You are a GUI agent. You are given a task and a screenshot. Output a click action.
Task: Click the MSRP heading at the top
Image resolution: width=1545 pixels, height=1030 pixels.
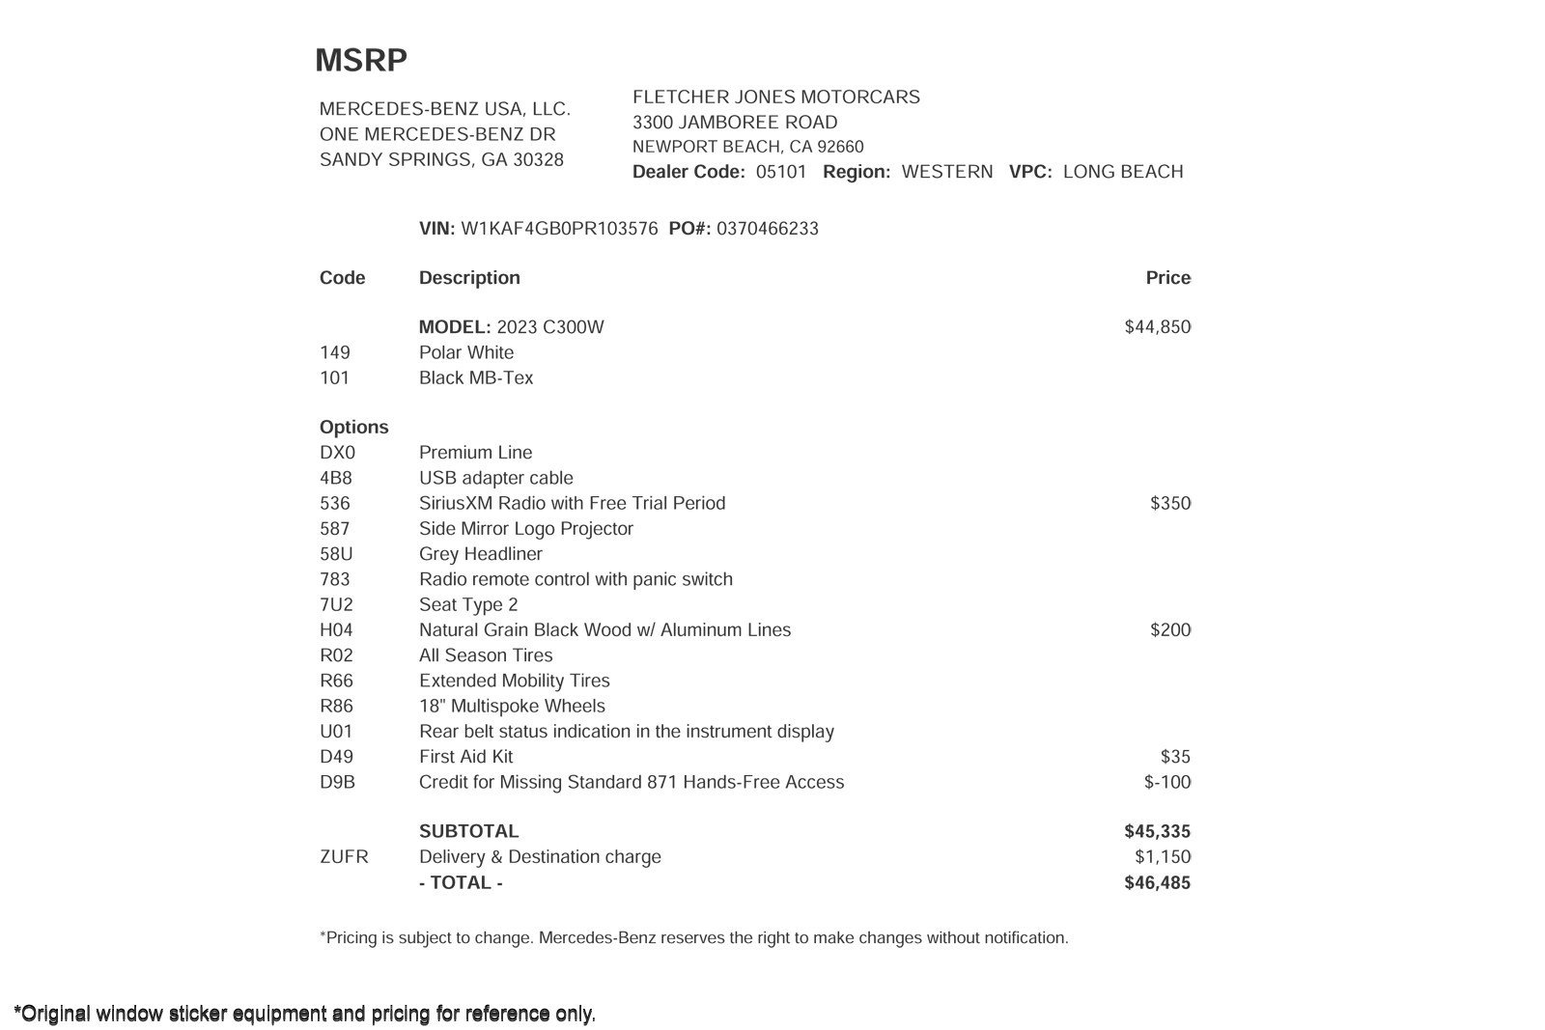tap(361, 60)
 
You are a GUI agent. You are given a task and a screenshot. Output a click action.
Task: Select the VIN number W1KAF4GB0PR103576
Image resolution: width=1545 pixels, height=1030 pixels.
tap(559, 229)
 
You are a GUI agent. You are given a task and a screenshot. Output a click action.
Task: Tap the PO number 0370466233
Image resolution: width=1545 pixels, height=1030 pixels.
tap(767, 229)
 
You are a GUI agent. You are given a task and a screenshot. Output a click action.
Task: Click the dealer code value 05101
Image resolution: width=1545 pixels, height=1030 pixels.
tap(780, 172)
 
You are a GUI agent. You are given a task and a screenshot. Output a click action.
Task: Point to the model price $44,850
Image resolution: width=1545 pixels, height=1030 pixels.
tap(1157, 327)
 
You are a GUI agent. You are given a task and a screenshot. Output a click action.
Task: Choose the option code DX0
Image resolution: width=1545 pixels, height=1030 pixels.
tap(337, 453)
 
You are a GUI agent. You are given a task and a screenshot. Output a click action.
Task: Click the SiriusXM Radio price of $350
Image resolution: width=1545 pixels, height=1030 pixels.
tap(1169, 503)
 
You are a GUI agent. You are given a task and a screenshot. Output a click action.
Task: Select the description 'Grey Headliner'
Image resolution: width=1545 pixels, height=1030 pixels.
tap(480, 554)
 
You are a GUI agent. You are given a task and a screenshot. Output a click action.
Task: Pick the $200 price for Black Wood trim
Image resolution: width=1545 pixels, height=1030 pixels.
tap(1169, 630)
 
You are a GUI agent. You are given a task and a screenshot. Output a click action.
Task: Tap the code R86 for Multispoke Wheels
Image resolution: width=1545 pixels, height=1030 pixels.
tap(336, 707)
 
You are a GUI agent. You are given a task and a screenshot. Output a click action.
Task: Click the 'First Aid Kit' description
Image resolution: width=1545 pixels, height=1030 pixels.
tap(465, 757)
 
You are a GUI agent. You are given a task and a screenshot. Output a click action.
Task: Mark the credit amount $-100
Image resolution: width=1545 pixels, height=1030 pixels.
tap(1166, 782)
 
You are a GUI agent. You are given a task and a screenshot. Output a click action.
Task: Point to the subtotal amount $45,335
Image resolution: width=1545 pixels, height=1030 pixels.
tap(1157, 831)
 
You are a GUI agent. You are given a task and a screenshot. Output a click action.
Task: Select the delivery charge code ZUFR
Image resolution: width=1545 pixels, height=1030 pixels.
tap(344, 857)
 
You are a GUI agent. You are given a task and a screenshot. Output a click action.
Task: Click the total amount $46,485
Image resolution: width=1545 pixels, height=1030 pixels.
tap(1157, 882)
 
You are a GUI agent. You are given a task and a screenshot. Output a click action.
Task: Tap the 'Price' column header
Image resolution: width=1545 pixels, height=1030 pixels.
tap(1167, 278)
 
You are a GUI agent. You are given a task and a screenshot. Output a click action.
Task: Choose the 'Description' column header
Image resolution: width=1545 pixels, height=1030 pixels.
tap(469, 278)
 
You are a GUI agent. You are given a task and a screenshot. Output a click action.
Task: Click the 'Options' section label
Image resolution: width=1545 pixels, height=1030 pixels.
tap(353, 427)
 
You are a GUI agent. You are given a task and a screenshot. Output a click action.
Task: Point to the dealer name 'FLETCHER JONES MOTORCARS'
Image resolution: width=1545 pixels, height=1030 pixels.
tap(775, 97)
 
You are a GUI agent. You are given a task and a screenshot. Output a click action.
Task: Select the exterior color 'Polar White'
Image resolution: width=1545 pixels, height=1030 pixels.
tap(465, 352)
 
